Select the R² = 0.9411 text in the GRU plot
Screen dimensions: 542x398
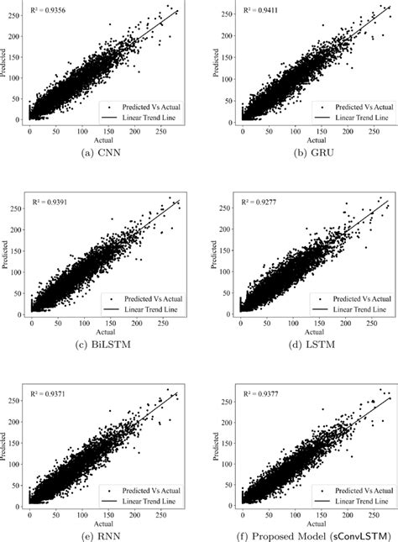[x=261, y=12]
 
